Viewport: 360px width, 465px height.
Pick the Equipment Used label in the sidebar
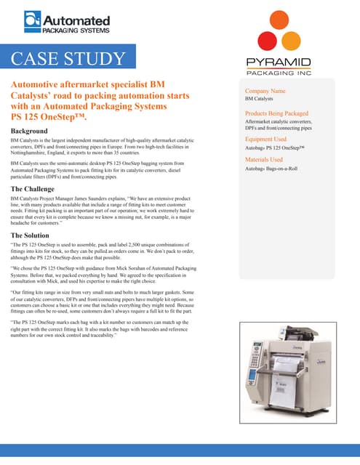(266, 139)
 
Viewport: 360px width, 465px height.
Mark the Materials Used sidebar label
(264, 159)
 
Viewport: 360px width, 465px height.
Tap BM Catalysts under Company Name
(259, 99)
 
